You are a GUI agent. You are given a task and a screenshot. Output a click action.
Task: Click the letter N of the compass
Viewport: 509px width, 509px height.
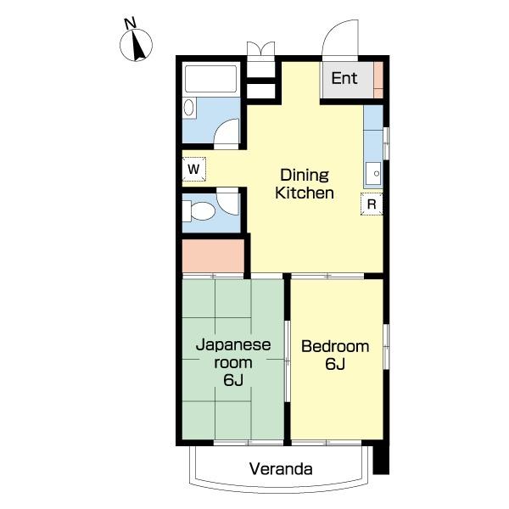click(130, 24)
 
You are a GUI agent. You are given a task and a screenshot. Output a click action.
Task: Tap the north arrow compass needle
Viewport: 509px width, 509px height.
click(138, 46)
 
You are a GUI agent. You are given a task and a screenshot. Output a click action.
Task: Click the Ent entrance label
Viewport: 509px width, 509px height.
click(344, 78)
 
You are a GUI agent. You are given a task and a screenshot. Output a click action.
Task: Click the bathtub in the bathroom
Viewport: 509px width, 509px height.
click(210, 79)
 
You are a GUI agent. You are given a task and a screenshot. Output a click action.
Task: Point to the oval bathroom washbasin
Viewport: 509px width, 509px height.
click(188, 108)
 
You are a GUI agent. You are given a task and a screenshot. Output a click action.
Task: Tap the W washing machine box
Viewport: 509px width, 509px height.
click(193, 169)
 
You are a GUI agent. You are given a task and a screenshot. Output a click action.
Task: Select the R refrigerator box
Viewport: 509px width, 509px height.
click(372, 204)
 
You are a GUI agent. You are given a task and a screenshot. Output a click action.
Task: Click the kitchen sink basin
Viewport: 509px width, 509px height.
click(373, 174)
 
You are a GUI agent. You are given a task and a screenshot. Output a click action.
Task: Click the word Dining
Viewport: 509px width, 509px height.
click(305, 176)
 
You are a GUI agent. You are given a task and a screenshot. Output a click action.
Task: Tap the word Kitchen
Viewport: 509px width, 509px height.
click(305, 193)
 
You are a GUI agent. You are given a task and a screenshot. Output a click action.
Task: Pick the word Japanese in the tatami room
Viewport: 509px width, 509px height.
click(233, 345)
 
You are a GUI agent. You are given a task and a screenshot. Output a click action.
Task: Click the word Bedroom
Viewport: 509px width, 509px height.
click(335, 346)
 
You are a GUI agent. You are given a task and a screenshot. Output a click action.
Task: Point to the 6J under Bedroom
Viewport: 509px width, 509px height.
click(335, 364)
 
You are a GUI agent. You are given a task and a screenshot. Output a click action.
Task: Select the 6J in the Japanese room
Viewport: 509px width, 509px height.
click(233, 380)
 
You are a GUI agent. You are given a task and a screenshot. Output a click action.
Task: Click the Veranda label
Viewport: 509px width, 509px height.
click(281, 469)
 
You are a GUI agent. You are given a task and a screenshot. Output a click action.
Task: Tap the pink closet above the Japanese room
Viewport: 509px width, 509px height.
click(213, 256)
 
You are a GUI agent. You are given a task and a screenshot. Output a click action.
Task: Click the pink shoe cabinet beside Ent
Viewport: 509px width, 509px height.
click(378, 80)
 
